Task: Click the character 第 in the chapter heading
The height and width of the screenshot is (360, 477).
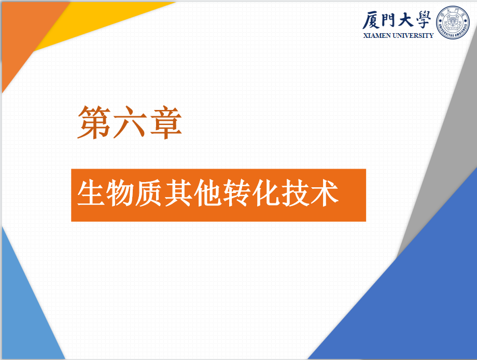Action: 94,122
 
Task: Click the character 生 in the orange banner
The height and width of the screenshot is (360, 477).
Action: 91,192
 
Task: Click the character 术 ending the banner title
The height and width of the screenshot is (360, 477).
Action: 325,192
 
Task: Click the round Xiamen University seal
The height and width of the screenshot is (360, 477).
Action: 453,22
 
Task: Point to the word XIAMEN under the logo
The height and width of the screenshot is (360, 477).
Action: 377,36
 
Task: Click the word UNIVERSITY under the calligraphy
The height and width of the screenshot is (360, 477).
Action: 413,36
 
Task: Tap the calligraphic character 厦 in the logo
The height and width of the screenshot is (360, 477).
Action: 371,20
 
